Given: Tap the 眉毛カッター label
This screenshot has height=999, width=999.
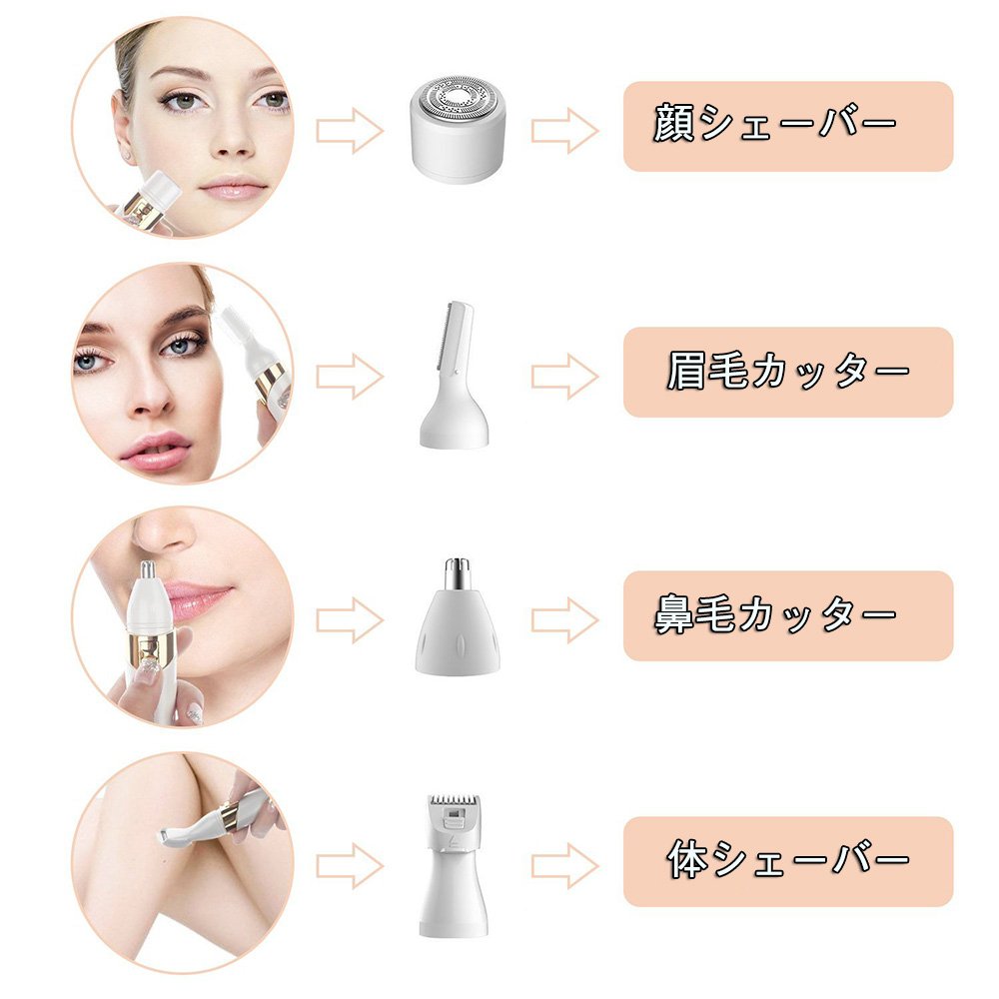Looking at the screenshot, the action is pyautogui.click(x=788, y=372).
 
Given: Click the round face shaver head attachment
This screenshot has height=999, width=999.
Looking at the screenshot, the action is pyautogui.click(x=458, y=130).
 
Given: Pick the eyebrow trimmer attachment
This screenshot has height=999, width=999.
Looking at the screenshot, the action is pyautogui.click(x=454, y=375).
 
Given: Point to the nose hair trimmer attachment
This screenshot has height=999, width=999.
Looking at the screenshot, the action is pyautogui.click(x=457, y=615).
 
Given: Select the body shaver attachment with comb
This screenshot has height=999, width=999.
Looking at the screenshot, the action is pyautogui.click(x=453, y=865).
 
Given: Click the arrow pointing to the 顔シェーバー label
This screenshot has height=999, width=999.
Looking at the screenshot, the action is pyautogui.click(x=565, y=131).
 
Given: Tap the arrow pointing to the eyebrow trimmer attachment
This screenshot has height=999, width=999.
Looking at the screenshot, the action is pyautogui.click(x=350, y=377).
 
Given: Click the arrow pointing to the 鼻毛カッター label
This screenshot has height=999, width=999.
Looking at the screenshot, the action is pyautogui.click(x=565, y=620).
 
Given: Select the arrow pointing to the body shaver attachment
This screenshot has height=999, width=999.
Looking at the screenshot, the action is pyautogui.click(x=350, y=866).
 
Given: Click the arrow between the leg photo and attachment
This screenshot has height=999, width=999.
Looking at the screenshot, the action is pyautogui.click(x=350, y=866).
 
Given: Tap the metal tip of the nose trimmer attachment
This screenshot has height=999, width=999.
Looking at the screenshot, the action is pyautogui.click(x=458, y=572).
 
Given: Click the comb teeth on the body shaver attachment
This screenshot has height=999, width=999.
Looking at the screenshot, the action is pyautogui.click(x=454, y=801).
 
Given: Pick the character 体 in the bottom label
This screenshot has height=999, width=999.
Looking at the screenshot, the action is pyautogui.click(x=688, y=859).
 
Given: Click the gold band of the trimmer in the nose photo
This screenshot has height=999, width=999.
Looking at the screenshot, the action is pyautogui.click(x=150, y=642).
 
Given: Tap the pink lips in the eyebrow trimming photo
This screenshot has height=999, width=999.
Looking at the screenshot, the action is pyautogui.click(x=156, y=450).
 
